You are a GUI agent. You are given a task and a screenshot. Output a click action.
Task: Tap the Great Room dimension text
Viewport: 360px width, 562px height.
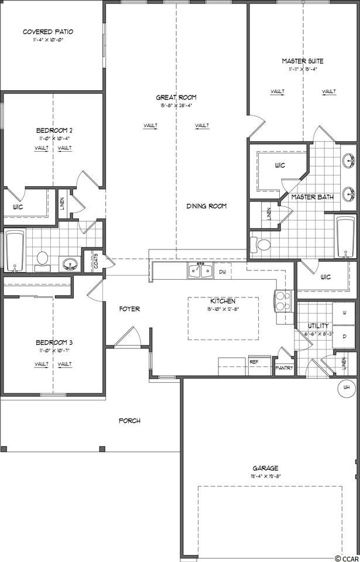176,105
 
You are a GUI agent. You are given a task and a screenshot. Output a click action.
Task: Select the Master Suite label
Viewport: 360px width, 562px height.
302,61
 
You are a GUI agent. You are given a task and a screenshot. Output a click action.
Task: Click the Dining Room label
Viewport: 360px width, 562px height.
206,206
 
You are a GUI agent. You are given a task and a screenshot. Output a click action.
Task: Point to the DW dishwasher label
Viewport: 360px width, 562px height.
222,272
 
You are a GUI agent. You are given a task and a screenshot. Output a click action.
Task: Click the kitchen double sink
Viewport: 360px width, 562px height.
200,270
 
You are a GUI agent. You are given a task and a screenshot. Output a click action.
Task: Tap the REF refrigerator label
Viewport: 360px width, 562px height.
254,362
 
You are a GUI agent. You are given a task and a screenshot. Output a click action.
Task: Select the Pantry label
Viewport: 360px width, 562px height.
284,368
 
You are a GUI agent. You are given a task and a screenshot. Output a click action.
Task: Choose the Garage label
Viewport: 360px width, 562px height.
265,468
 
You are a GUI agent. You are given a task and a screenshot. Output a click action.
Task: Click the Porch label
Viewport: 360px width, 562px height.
129,420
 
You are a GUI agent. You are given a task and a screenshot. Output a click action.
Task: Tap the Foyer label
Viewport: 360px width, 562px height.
129,309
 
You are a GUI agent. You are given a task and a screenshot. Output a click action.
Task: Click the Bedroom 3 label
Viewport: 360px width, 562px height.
53,342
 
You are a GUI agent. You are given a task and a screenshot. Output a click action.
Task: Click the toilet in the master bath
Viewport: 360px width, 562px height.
262,245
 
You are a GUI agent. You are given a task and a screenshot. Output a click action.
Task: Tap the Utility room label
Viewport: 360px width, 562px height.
318,325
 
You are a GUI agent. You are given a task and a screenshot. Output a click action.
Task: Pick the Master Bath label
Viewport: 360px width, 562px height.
312,197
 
